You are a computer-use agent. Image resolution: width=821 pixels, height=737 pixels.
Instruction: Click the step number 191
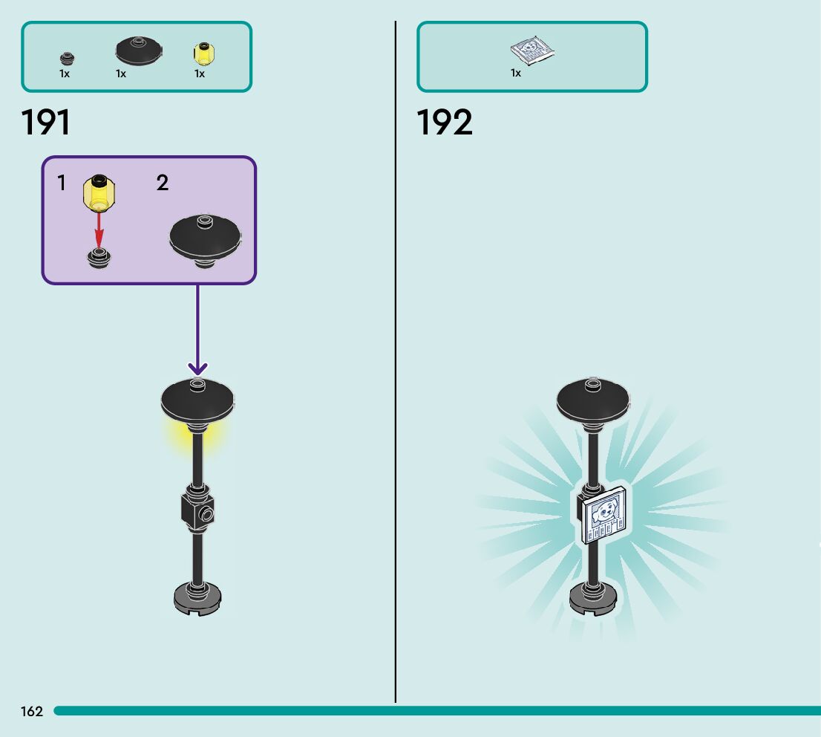click(x=46, y=123)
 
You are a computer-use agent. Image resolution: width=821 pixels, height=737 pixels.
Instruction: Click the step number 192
click(x=444, y=123)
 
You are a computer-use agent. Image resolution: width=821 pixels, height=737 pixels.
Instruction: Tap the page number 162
click(x=32, y=712)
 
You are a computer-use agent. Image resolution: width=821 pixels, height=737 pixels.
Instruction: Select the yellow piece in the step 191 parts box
click(x=203, y=53)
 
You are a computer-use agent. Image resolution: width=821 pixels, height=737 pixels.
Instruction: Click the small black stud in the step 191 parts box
click(x=67, y=58)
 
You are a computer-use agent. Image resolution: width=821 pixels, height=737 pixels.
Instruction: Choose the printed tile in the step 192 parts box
click(x=532, y=51)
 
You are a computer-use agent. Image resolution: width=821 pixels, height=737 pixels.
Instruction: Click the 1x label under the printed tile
click(x=516, y=73)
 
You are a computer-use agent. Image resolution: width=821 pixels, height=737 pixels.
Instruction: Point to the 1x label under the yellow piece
click(x=200, y=74)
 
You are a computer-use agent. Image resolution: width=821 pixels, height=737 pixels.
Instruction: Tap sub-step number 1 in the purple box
click(x=62, y=183)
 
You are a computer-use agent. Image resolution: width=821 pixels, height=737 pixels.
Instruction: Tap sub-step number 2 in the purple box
click(x=163, y=183)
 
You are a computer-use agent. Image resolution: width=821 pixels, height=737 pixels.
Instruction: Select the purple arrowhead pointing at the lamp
click(x=197, y=368)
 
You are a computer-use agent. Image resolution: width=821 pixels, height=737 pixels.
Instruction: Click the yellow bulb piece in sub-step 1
click(x=98, y=191)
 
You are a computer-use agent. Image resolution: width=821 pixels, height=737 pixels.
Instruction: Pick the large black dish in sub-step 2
click(x=206, y=238)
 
